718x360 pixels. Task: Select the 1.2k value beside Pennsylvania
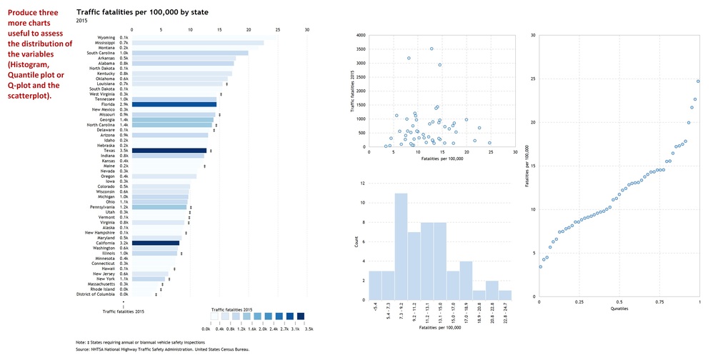[x=124, y=207]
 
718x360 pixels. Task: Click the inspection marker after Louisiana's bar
[x=226, y=84]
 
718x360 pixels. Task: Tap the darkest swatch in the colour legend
[x=301, y=316]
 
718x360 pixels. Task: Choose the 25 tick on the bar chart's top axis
[x=278, y=30]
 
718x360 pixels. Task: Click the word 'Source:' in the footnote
[x=84, y=349]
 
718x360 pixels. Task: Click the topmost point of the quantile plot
[x=698, y=81]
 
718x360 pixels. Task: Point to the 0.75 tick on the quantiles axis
[x=660, y=302]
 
